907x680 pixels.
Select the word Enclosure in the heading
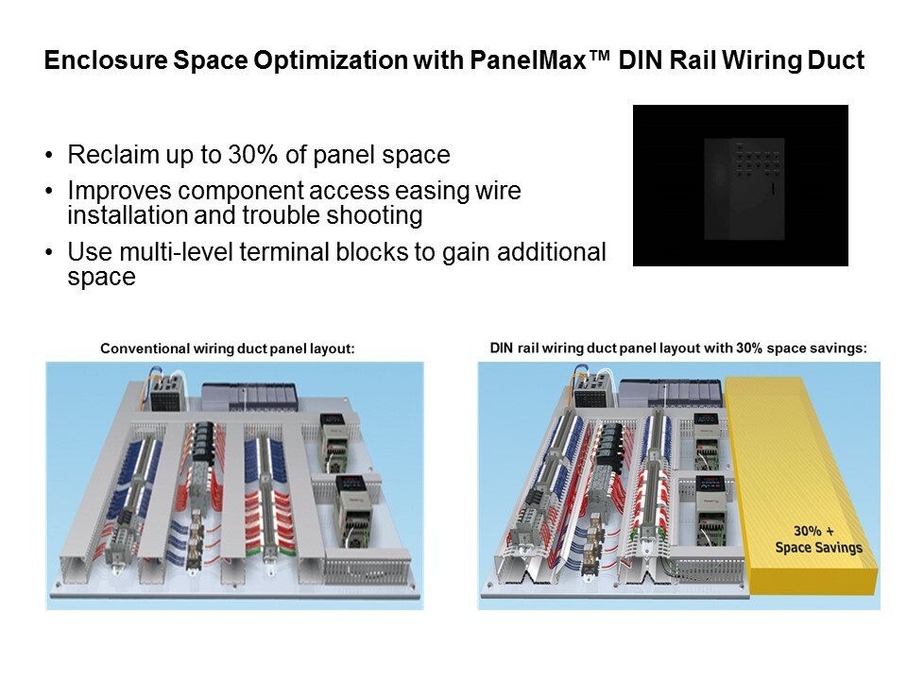(x=106, y=60)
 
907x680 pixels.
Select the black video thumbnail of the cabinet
(x=741, y=186)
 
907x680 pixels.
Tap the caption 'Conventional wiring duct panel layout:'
(x=228, y=348)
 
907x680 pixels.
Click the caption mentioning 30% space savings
(x=678, y=348)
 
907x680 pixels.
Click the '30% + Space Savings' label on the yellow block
(x=818, y=539)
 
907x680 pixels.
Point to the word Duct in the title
(x=836, y=60)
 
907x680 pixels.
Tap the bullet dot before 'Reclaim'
(x=49, y=156)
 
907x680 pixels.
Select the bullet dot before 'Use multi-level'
(x=49, y=253)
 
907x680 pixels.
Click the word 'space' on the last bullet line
(x=102, y=277)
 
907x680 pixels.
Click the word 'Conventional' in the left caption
(x=145, y=348)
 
